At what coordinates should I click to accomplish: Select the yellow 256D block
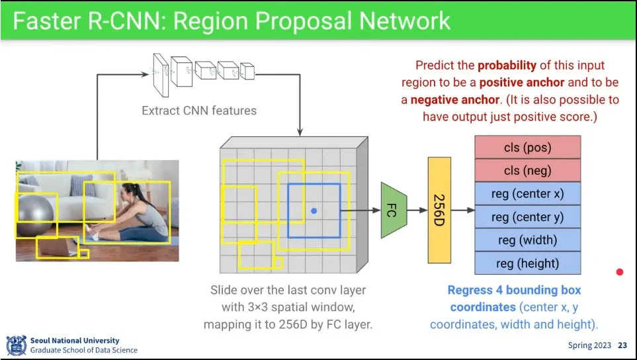pyautogui.click(x=439, y=210)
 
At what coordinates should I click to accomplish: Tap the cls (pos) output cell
pyautogui.click(x=527, y=147)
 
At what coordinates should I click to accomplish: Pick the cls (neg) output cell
pyautogui.click(x=527, y=170)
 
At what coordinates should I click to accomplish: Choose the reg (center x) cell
pyautogui.click(x=527, y=193)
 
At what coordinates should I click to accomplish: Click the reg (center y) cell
pyautogui.click(x=527, y=216)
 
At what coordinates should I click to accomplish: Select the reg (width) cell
pyautogui.click(x=527, y=240)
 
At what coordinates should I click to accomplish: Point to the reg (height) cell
pyautogui.click(x=527, y=263)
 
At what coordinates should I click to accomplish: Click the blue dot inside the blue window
pyautogui.click(x=314, y=210)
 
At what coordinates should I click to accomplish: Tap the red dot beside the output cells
pyautogui.click(x=620, y=271)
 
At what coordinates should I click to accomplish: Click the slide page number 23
pyautogui.click(x=622, y=345)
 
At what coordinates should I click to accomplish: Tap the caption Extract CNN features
pyautogui.click(x=199, y=111)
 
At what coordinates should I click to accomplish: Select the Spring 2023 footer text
pyautogui.click(x=589, y=345)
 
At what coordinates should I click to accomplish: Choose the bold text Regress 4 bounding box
pyautogui.click(x=514, y=291)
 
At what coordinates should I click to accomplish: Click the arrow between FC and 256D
pyautogui.click(x=417, y=210)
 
